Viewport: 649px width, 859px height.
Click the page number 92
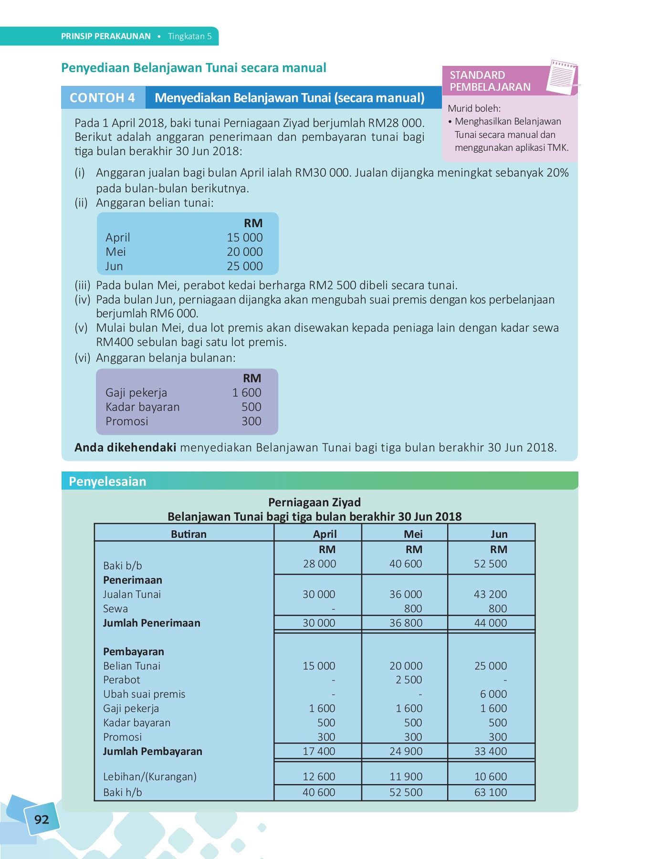(x=42, y=819)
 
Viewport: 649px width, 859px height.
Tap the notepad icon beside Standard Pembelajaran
(x=562, y=77)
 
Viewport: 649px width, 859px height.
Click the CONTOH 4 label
(x=103, y=98)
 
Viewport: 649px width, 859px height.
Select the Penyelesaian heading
(x=107, y=481)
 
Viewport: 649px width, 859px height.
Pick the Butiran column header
(x=188, y=534)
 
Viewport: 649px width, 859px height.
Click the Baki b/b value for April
(x=319, y=564)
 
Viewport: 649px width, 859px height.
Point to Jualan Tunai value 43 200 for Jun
(x=490, y=594)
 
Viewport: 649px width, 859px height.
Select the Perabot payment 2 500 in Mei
(x=408, y=680)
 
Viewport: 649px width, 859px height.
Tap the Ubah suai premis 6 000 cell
(x=493, y=694)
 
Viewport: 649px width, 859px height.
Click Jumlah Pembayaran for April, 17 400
(x=319, y=751)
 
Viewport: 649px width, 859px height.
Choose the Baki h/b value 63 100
(x=490, y=792)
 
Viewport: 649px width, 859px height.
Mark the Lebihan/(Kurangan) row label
(x=150, y=776)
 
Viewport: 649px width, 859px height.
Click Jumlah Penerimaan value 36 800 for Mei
(x=406, y=623)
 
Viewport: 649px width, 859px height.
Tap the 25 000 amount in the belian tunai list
(x=244, y=266)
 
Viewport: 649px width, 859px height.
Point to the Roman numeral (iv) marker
(x=82, y=300)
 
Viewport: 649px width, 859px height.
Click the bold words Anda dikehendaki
(x=125, y=447)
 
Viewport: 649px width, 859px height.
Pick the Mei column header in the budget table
(x=413, y=534)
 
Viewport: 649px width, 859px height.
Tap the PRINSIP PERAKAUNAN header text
(x=105, y=36)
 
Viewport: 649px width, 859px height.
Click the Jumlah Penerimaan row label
(x=151, y=623)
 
